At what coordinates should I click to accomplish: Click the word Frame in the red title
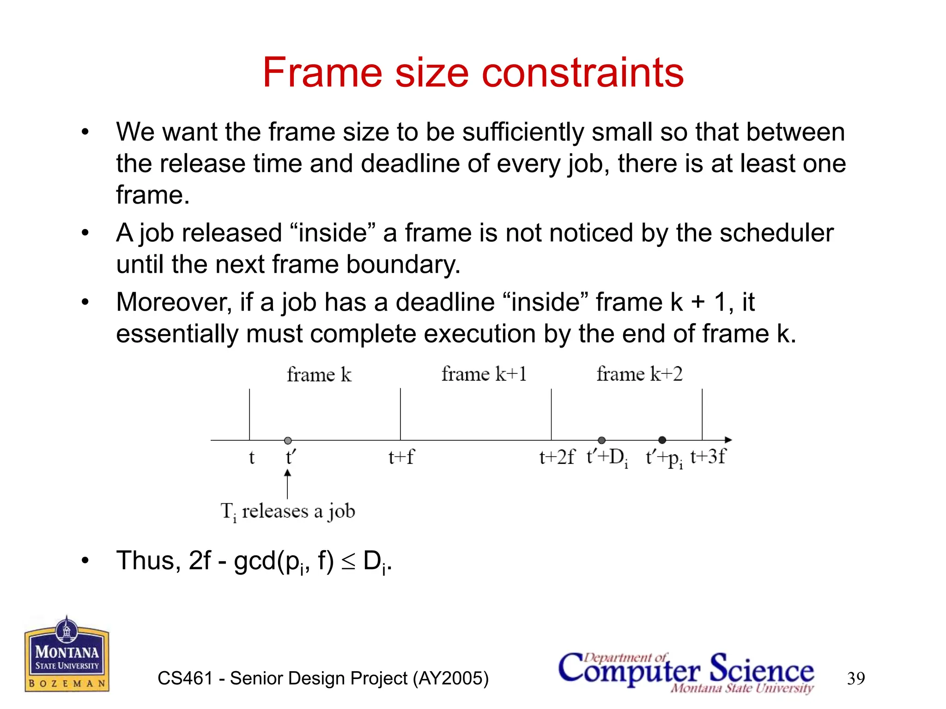(322, 72)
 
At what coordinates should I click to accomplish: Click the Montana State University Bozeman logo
(67, 655)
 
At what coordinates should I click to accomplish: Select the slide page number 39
(855, 679)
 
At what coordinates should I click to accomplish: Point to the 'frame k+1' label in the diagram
(484, 374)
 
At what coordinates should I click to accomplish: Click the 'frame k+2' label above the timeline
(639, 374)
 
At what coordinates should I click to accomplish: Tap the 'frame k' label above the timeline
(319, 374)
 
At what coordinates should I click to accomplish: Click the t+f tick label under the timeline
(401, 457)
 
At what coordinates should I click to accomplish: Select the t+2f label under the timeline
(557, 457)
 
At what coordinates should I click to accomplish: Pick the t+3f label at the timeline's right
(708, 457)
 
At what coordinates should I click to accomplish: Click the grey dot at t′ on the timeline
(288, 440)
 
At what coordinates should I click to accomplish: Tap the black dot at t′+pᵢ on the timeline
(662, 440)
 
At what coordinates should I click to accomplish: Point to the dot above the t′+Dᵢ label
(601, 440)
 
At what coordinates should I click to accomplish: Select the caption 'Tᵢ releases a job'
(288, 511)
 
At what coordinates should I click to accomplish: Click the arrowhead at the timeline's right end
(728, 440)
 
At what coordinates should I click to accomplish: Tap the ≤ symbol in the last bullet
(349, 561)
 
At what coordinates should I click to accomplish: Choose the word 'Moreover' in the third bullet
(174, 302)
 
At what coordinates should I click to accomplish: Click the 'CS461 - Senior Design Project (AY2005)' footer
(323, 679)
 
